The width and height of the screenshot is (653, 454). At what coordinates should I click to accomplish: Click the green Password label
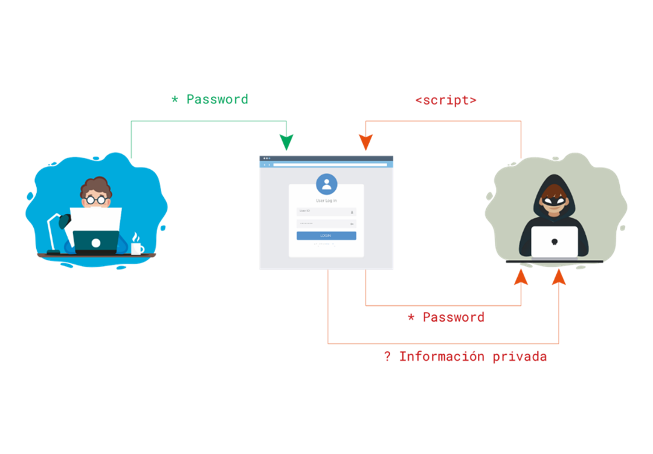(210, 100)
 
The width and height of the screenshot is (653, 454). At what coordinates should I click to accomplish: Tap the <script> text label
(446, 100)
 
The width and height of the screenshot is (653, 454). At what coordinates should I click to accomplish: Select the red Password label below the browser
(446, 317)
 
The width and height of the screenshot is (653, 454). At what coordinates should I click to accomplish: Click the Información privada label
(466, 357)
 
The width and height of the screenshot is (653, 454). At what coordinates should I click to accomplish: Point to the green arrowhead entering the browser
(286, 143)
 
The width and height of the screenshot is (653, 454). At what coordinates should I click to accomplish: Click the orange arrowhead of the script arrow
(365, 143)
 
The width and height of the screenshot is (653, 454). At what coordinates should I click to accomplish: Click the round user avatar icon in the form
(326, 184)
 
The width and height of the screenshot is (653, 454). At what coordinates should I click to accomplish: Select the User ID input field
(326, 212)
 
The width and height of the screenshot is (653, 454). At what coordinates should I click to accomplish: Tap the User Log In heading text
(326, 200)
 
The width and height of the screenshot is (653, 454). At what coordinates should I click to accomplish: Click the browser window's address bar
(329, 164)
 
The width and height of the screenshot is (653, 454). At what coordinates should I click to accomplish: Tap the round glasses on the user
(96, 199)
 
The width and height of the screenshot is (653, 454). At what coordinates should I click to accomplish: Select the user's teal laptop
(95, 242)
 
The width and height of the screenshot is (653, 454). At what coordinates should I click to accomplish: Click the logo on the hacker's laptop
(555, 242)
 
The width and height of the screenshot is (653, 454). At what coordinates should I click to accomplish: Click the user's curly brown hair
(96, 184)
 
